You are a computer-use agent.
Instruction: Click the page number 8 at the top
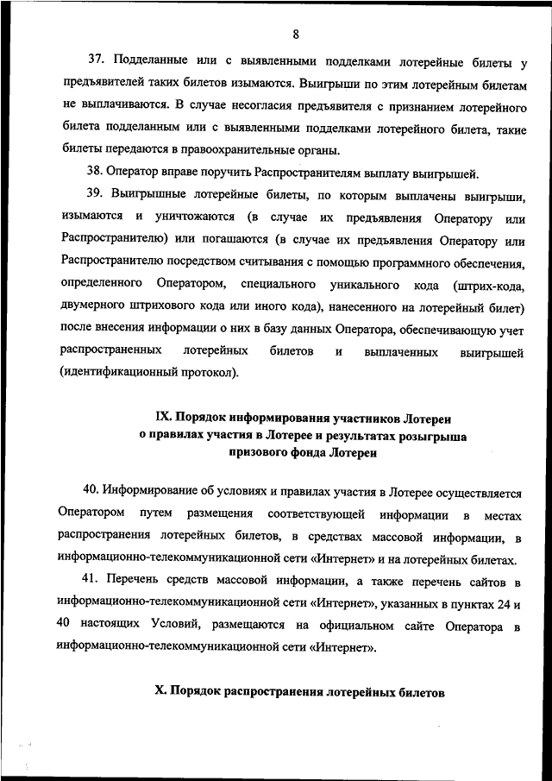coord(295,35)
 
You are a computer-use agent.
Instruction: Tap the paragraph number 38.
coord(97,170)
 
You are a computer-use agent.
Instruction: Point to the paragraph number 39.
coord(97,194)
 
